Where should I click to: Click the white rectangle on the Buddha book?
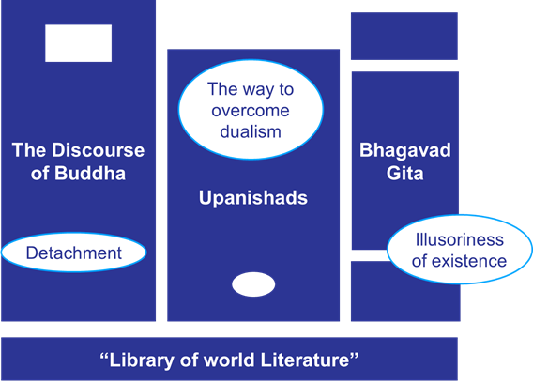click(x=78, y=43)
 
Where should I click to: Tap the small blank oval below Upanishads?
click(x=253, y=284)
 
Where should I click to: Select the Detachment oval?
click(x=74, y=253)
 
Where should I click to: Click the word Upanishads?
click(x=253, y=198)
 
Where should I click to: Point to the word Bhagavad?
click(x=405, y=150)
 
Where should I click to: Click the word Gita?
click(x=404, y=173)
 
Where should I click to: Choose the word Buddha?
click(x=90, y=173)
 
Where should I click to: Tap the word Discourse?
click(x=98, y=150)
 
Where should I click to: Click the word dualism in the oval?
click(x=251, y=131)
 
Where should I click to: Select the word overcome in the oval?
click(x=251, y=111)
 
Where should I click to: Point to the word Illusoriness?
click(x=459, y=239)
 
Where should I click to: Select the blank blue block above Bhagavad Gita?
click(x=404, y=36)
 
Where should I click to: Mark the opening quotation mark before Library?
click(x=104, y=356)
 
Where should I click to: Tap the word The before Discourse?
click(x=30, y=150)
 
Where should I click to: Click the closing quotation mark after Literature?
click(x=354, y=356)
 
